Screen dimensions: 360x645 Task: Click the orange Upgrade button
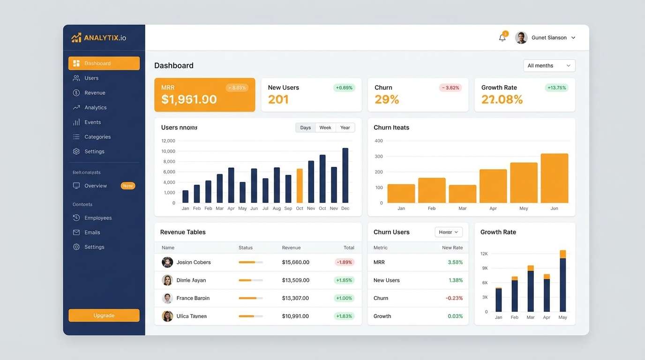click(104, 315)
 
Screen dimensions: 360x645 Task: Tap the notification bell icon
click(502, 38)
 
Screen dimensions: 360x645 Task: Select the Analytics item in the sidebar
click(95, 107)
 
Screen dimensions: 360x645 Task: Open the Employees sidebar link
click(98, 218)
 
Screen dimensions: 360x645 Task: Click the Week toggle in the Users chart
click(325, 127)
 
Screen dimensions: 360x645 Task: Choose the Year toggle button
click(345, 127)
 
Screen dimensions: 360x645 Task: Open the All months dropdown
click(549, 66)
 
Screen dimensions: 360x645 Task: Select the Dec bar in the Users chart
click(345, 176)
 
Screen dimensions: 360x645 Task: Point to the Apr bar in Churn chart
click(493, 186)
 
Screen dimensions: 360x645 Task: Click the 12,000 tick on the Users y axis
click(168, 141)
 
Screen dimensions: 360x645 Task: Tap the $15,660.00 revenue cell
click(295, 262)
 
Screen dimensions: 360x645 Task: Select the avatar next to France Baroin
click(167, 298)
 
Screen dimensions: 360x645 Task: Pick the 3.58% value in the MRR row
click(455, 262)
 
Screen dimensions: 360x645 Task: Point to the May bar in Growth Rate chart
click(562, 281)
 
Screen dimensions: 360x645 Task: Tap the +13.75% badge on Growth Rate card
click(556, 88)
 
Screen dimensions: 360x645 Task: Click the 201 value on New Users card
click(278, 99)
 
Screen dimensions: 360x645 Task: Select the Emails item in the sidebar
click(92, 232)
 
